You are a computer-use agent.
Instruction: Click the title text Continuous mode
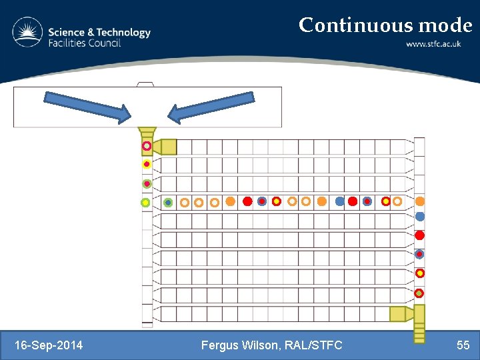385,25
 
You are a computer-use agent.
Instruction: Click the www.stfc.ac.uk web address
438,45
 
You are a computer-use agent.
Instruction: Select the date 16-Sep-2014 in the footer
49,345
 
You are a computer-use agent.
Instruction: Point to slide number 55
463,345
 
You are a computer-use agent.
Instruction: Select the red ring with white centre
147,146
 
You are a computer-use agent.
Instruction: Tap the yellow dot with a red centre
147,164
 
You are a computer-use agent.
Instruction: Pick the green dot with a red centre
147,183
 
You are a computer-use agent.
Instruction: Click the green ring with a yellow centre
145,202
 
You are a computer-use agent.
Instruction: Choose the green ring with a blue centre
168,202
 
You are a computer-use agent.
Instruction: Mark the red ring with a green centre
419,293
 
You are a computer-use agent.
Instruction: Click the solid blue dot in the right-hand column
419,216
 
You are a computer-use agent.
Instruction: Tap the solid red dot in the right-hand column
419,235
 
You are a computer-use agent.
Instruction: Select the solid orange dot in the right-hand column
420,201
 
